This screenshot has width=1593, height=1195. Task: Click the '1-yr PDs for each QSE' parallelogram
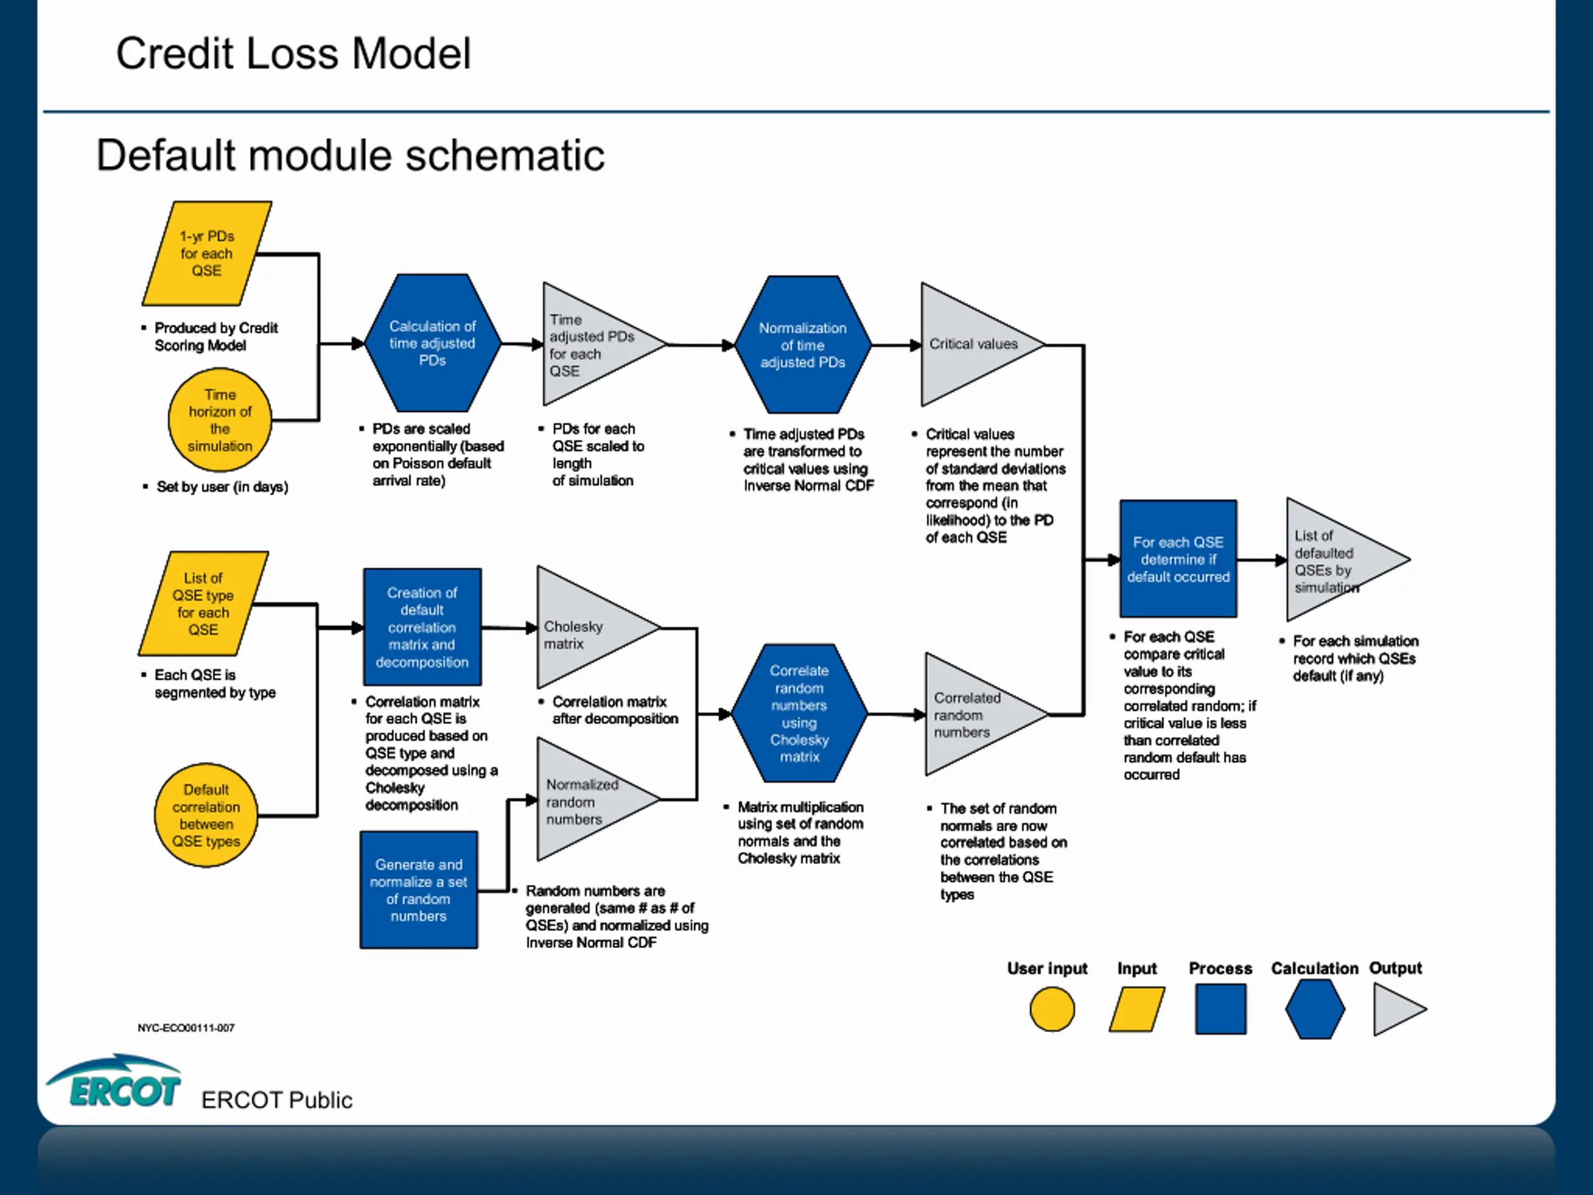coord(207,253)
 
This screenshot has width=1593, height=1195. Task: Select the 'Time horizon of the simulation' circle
coord(220,420)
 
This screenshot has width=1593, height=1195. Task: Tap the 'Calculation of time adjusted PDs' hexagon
coord(433,343)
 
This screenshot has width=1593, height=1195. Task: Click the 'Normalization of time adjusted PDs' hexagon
coord(802,344)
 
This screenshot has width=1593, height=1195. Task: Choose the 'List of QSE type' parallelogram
coord(203,604)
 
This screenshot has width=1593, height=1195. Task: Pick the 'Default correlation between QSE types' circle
coord(206,815)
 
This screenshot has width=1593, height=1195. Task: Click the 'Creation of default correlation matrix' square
coord(422,627)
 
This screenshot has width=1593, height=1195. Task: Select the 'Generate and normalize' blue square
coord(418,889)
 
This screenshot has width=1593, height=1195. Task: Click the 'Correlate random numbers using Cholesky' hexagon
coord(800,713)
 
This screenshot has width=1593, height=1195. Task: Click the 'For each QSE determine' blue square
coord(1178,559)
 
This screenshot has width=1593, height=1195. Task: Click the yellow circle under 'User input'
coord(1052,1009)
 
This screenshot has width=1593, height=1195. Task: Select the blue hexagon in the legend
coord(1315,1009)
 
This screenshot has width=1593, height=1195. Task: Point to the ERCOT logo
coord(114,1080)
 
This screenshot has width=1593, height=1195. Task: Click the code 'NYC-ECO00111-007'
coord(186,1028)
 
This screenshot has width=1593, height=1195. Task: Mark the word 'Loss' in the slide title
coord(292,54)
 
